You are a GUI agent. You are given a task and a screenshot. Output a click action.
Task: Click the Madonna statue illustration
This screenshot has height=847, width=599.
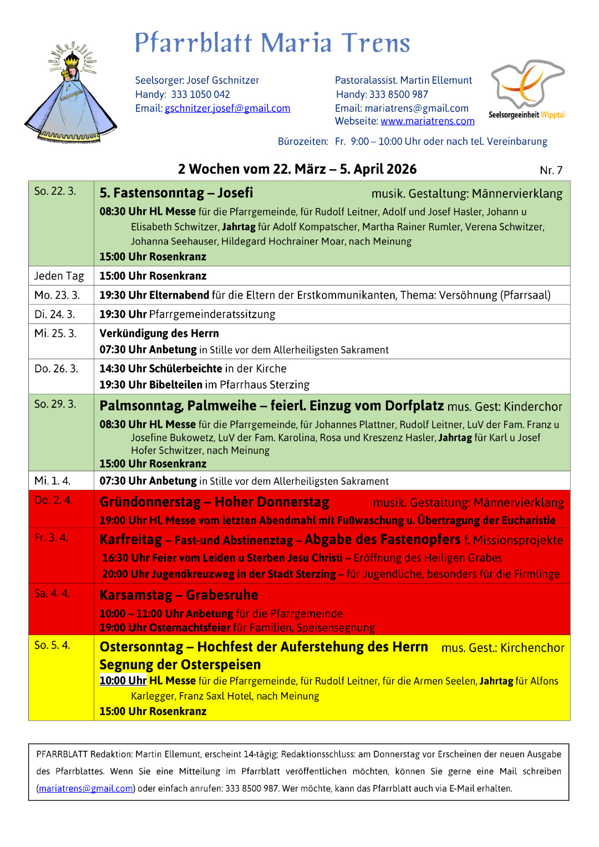click(x=70, y=94)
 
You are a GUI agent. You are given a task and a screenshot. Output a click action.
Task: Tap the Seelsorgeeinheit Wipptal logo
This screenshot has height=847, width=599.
click(x=527, y=89)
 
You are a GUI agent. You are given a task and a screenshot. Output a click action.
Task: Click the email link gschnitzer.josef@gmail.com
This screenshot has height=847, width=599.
click(x=227, y=109)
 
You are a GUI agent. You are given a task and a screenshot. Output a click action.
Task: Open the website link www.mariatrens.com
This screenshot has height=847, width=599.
click(x=427, y=121)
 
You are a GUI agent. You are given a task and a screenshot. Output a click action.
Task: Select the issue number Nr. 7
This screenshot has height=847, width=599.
click(x=551, y=170)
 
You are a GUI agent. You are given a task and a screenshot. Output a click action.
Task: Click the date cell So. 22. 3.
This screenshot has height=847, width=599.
click(x=55, y=191)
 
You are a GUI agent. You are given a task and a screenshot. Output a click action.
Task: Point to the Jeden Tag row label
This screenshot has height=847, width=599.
click(x=59, y=276)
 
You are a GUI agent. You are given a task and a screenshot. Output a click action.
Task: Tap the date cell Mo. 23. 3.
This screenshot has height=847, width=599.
click(x=57, y=295)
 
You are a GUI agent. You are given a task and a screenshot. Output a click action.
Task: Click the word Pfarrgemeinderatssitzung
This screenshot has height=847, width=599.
click(x=212, y=315)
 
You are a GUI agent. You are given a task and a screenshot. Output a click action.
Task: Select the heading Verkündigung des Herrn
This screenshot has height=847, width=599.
click(x=159, y=333)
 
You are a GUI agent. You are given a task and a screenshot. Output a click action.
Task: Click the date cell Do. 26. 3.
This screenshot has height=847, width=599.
click(x=57, y=369)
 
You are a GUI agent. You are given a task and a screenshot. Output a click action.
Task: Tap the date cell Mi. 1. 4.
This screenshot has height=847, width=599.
click(x=53, y=481)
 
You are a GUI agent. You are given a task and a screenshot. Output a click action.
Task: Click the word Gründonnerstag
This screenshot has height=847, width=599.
click(x=150, y=502)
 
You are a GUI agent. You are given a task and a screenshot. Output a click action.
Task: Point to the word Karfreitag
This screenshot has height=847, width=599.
click(x=131, y=540)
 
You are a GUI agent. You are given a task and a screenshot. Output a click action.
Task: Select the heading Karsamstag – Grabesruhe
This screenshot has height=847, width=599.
click(x=179, y=595)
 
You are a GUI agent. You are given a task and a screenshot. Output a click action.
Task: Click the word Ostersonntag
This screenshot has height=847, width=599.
click(x=141, y=647)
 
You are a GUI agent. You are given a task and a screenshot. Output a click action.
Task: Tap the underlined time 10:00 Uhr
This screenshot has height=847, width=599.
click(x=123, y=681)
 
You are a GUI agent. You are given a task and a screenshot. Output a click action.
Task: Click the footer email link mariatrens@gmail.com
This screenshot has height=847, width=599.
click(x=86, y=789)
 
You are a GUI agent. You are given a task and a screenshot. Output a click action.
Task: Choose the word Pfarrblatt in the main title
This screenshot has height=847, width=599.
click(x=194, y=43)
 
